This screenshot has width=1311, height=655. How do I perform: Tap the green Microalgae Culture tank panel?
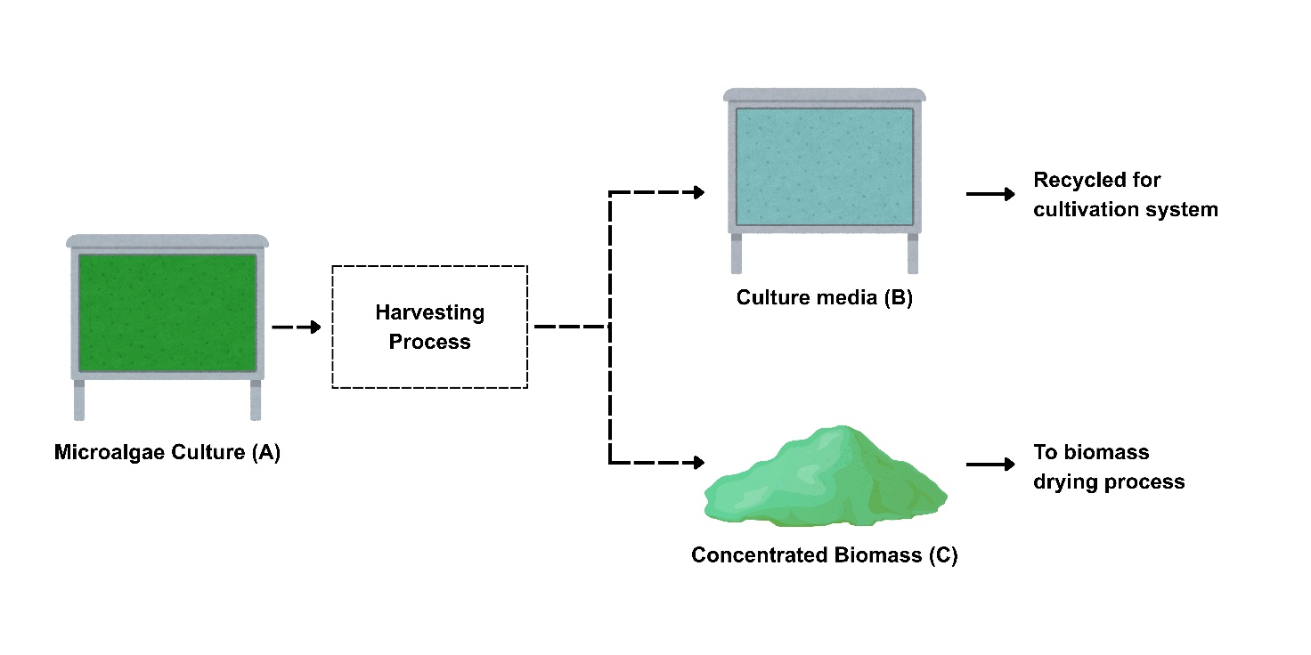tap(167, 312)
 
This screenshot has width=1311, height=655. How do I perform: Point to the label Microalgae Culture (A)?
tap(167, 452)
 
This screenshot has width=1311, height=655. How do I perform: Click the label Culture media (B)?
tap(825, 298)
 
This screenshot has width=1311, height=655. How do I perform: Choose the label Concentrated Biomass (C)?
tap(825, 555)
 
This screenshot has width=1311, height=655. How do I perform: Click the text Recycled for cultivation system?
tap(1125, 195)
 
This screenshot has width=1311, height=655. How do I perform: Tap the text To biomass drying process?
tap(1109, 467)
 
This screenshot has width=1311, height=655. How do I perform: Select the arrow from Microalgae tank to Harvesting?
tap(296, 327)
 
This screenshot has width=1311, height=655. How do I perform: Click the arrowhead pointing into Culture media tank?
tap(698, 192)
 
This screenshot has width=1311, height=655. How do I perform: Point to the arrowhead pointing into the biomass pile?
tap(698, 463)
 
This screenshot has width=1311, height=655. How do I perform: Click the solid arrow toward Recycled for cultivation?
tap(990, 194)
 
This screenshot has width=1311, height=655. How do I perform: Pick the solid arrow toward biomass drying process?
tap(990, 464)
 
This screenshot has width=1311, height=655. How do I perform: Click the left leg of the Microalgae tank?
tap(79, 400)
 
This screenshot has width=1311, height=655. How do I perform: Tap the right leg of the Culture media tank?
tap(913, 254)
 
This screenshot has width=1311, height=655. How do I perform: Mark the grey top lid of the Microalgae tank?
tap(167, 241)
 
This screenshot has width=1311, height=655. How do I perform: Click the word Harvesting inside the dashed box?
tap(429, 313)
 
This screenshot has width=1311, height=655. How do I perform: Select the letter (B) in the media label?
tap(898, 298)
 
